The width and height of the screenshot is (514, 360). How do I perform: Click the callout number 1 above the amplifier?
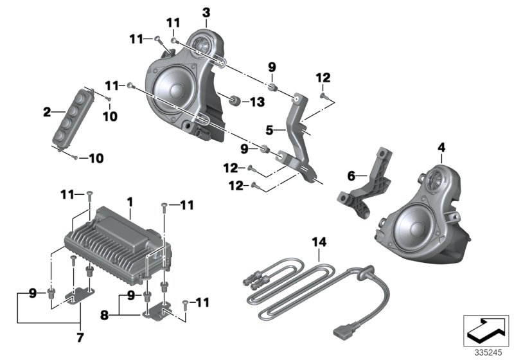click(130, 201)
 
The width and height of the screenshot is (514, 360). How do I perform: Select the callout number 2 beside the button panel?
click(46, 113)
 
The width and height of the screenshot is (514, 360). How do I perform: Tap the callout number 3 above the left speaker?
click(206, 12)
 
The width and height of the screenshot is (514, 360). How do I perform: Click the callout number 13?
click(256, 101)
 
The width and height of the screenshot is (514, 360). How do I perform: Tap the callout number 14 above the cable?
click(319, 242)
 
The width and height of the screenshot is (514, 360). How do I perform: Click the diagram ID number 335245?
click(486, 353)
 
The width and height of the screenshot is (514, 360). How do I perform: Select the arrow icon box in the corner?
click(486, 331)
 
